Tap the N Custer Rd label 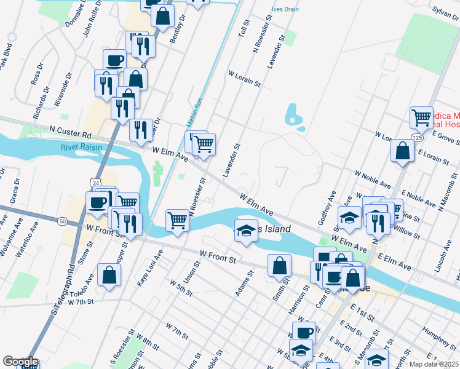(x=70, y=131)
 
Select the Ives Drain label (x=286, y=10)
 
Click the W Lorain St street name (x=245, y=78)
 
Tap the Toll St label (x=244, y=29)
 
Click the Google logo (x=20, y=362)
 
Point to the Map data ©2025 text (x=434, y=363)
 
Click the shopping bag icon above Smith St (x=279, y=265)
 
